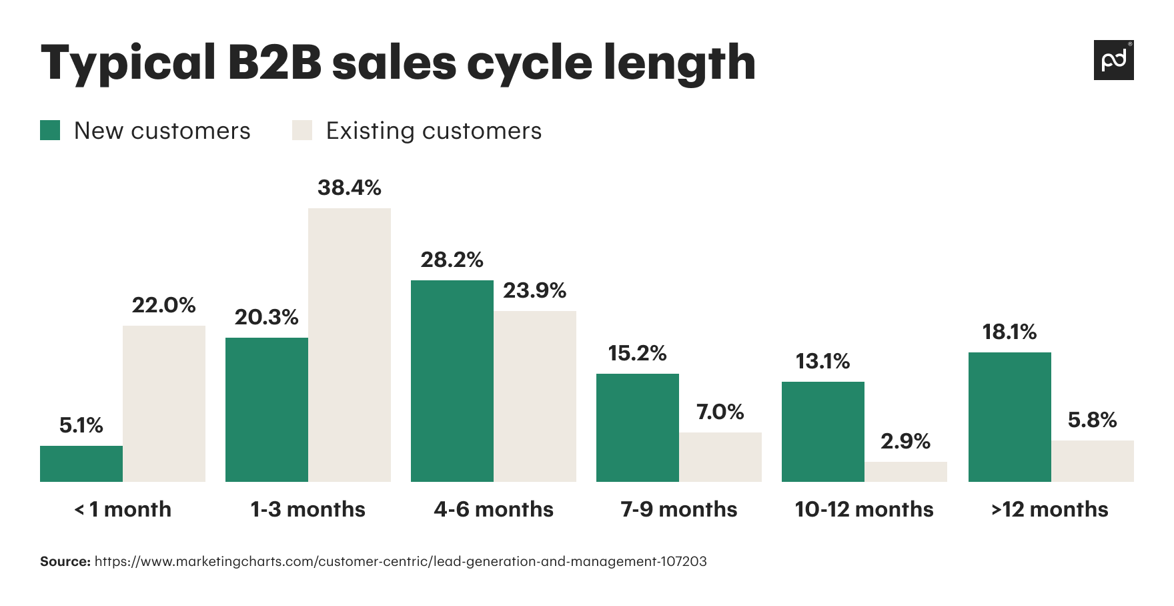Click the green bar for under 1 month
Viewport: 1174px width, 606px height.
pyautogui.click(x=81, y=464)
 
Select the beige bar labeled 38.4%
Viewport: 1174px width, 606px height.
pyautogui.click(x=350, y=345)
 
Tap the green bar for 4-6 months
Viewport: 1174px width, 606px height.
pyautogui.click(x=452, y=381)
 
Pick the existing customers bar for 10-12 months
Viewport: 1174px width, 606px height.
pyautogui.click(x=906, y=472)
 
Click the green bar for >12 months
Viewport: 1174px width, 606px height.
pyautogui.click(x=1010, y=417)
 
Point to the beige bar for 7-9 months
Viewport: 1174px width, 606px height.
pyautogui.click(x=720, y=457)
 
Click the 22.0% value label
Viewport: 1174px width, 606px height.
pyautogui.click(x=163, y=306)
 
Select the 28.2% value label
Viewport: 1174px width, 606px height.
pyautogui.click(x=452, y=260)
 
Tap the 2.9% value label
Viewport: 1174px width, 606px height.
pyautogui.click(x=905, y=441)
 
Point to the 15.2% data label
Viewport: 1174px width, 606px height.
pyautogui.click(x=637, y=353)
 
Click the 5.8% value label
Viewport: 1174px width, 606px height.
pyautogui.click(x=1092, y=420)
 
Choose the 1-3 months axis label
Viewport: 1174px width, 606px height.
pyautogui.click(x=308, y=509)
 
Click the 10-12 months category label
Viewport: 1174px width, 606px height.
pyautogui.click(x=864, y=509)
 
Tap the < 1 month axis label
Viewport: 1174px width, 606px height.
pyautogui.click(x=122, y=509)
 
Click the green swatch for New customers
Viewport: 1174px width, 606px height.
pyautogui.click(x=50, y=130)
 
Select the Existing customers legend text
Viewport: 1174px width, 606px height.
pyautogui.click(x=434, y=131)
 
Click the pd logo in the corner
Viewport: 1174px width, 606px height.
pyautogui.click(x=1113, y=60)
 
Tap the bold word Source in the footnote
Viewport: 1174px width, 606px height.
pyautogui.click(x=65, y=561)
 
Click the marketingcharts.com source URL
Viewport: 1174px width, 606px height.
pyautogui.click(x=400, y=561)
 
